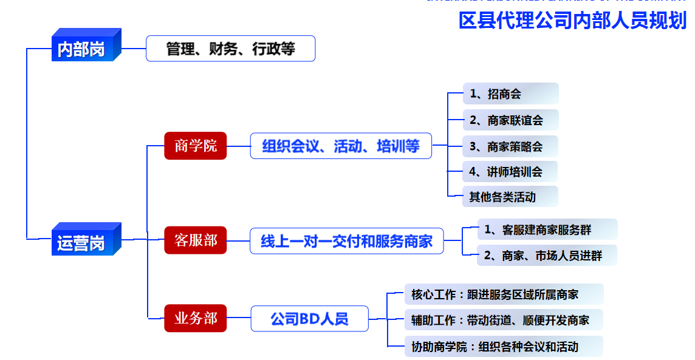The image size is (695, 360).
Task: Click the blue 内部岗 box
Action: point(81,49)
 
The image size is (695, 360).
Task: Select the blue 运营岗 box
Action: point(81,243)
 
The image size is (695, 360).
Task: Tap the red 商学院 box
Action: point(195,146)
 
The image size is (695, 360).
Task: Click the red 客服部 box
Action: point(195,240)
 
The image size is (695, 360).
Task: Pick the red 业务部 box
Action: point(195,318)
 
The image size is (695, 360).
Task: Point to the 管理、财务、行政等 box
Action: point(230,49)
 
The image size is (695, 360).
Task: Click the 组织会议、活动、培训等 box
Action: point(341,146)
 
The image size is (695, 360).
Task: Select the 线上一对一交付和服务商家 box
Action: point(346,241)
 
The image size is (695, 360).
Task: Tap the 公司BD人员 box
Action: point(309,318)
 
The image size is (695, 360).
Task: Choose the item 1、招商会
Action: point(510,94)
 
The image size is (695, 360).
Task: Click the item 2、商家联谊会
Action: point(510,120)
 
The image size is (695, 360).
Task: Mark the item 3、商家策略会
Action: point(510,146)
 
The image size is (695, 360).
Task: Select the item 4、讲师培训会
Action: point(510,172)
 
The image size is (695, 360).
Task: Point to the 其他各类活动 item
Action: point(510,197)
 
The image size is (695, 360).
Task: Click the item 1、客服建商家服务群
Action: point(547,229)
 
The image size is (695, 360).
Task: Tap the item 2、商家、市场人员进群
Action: point(547,256)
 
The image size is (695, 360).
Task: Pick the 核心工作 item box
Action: point(504,294)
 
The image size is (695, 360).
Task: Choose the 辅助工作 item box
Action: point(504,320)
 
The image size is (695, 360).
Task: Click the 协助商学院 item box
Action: point(504,347)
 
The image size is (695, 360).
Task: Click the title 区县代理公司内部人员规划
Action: point(572,20)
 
